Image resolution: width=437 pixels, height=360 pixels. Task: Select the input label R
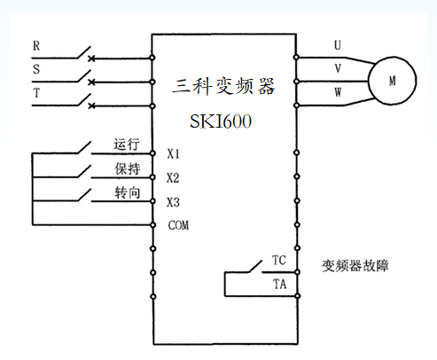click(x=35, y=44)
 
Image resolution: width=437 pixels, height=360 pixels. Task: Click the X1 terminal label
click(x=174, y=153)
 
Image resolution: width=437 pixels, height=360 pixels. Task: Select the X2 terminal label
click(x=174, y=177)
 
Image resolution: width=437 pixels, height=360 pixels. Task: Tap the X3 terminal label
click(x=174, y=201)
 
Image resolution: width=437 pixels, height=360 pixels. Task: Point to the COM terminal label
click(x=178, y=225)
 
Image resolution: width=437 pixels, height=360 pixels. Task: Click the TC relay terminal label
click(x=278, y=262)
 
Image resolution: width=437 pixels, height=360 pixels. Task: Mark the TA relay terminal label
click(x=278, y=285)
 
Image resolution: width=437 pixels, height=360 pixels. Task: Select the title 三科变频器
click(x=223, y=86)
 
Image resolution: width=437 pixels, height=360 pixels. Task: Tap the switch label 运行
click(x=127, y=144)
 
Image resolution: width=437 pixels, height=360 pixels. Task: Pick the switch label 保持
click(x=127, y=168)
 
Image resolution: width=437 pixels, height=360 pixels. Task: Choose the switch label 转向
click(x=127, y=192)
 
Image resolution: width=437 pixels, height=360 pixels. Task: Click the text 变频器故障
click(x=355, y=265)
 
